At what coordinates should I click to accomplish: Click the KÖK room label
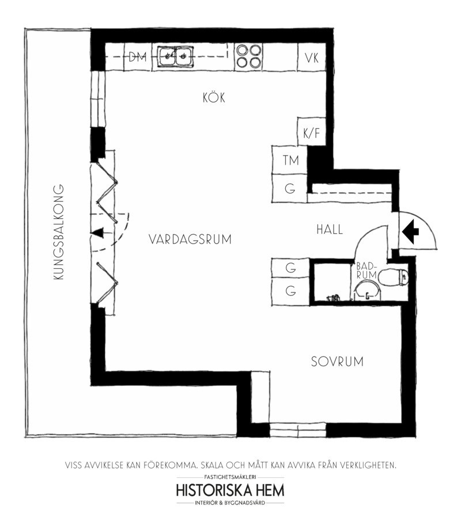click(214, 98)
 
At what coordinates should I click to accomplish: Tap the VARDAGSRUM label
click(190, 239)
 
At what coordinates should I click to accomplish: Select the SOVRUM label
click(337, 362)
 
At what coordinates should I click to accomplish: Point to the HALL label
click(330, 230)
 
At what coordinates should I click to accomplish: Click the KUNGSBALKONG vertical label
click(59, 232)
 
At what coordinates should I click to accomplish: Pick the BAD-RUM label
click(366, 271)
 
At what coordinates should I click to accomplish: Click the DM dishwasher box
click(138, 57)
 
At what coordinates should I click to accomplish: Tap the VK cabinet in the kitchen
click(312, 57)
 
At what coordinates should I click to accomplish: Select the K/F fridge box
click(312, 132)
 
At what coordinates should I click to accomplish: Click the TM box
click(290, 160)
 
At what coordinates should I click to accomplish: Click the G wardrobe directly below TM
click(290, 188)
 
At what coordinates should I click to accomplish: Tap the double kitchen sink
click(175, 56)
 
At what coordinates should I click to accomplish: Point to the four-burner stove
click(250, 56)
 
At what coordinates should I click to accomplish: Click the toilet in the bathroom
click(394, 277)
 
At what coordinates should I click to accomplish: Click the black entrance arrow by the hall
click(410, 231)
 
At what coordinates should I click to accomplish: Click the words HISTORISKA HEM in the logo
click(230, 491)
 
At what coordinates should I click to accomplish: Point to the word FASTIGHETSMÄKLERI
click(230, 477)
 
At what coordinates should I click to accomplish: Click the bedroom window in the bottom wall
click(298, 430)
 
